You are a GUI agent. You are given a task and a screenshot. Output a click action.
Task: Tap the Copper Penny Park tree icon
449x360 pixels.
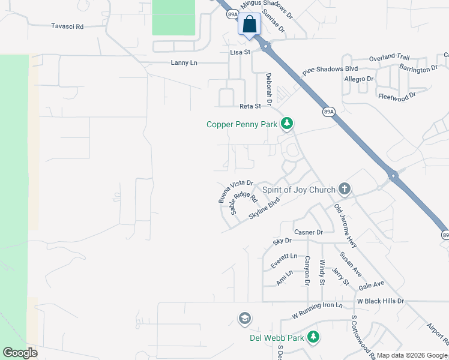(x=288, y=124)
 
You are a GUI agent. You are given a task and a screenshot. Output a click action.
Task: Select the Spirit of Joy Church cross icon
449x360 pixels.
(x=344, y=190)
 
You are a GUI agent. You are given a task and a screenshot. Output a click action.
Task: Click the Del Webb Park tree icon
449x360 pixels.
(x=313, y=337)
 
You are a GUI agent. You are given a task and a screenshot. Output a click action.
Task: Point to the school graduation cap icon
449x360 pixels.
(x=244, y=318)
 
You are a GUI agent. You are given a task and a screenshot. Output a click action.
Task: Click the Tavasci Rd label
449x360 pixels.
(x=67, y=26)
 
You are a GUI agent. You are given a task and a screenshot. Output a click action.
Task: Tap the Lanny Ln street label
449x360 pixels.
(x=184, y=62)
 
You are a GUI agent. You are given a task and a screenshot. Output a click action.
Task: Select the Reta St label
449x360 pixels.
(x=250, y=106)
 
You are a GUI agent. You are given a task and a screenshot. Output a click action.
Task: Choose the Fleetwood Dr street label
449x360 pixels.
(x=397, y=96)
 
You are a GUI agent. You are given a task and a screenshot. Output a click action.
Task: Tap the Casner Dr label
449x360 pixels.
(x=309, y=232)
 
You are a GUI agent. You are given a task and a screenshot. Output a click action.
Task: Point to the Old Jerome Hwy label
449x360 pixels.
(x=345, y=227)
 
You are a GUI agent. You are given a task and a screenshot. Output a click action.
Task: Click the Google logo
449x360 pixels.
(x=20, y=353)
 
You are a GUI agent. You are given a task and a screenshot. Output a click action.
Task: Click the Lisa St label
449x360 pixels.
(x=240, y=52)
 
